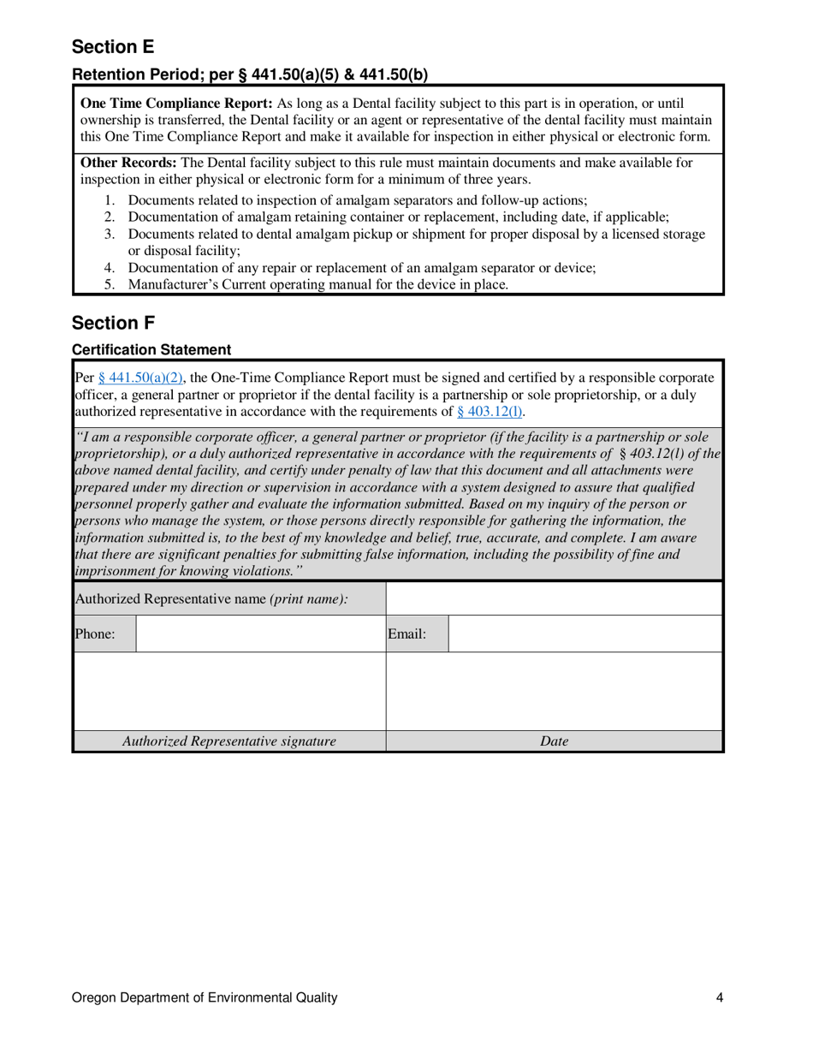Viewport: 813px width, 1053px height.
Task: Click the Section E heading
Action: (x=112, y=46)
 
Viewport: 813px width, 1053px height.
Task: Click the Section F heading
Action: (x=111, y=323)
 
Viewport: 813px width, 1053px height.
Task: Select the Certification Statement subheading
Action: (x=151, y=349)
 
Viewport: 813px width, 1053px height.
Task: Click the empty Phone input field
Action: (x=261, y=634)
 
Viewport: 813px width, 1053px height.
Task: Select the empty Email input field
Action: (x=585, y=634)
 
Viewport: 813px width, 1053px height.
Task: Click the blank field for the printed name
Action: (x=555, y=599)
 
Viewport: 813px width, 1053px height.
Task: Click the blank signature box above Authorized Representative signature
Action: (x=230, y=691)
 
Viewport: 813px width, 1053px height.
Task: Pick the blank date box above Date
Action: (x=555, y=691)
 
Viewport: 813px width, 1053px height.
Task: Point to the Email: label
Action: (x=406, y=634)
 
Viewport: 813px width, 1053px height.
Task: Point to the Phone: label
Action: (x=95, y=634)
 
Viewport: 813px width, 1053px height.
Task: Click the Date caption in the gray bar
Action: (x=555, y=741)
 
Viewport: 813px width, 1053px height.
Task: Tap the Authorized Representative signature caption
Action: (x=230, y=741)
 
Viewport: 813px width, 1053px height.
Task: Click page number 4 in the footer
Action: (x=720, y=997)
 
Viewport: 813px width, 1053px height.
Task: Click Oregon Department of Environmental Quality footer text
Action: (x=205, y=997)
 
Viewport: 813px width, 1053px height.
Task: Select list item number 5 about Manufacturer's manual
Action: (x=317, y=285)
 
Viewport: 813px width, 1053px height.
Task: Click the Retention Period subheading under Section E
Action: (x=249, y=74)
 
